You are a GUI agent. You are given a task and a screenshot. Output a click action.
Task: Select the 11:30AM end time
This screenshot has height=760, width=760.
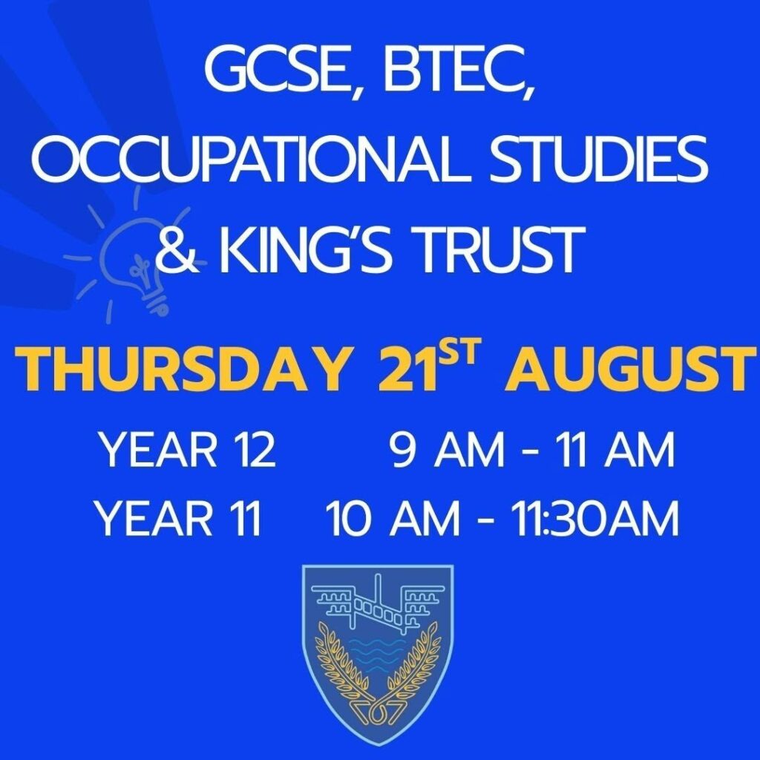pos(595,518)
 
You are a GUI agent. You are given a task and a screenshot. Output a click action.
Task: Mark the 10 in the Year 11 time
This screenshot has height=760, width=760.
pos(350,518)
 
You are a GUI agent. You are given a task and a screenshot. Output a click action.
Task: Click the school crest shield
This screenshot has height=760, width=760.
pos(378,655)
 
